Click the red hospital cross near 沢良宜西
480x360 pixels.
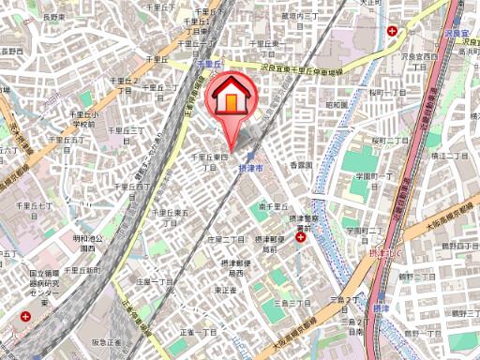pos(391,32)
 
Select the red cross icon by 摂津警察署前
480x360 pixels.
pos(299,238)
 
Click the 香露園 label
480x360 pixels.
pos(299,166)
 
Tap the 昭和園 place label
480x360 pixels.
pos(336,104)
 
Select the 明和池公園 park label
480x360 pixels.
pos(87,243)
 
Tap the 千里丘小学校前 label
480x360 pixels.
pos(82,119)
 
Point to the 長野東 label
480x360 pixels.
pos(52,17)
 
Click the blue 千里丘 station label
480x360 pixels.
pos(209,63)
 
